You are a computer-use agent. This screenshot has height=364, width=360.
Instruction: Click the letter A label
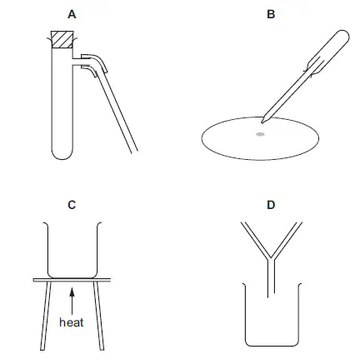(x=72, y=14)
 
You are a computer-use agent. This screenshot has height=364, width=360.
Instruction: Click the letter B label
(x=271, y=14)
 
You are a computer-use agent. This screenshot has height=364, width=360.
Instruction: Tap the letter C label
(x=72, y=205)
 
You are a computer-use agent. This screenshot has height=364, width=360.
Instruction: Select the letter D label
(x=271, y=205)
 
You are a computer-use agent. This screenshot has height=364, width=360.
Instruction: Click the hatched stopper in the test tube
(x=62, y=39)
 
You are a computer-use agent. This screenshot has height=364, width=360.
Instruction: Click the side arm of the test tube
(x=77, y=62)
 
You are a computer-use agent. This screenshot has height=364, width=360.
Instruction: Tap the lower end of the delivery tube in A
(x=134, y=152)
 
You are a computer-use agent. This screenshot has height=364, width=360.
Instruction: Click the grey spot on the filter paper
(x=260, y=134)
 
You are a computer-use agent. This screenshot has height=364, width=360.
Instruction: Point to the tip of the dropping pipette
(x=262, y=122)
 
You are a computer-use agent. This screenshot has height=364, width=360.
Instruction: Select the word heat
(x=72, y=322)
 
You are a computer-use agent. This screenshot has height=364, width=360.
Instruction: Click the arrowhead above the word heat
(x=72, y=292)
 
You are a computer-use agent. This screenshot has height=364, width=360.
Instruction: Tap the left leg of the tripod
(x=46, y=316)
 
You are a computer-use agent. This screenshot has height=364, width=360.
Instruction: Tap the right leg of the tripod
(x=98, y=316)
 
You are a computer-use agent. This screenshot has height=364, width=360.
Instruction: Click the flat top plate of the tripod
(x=72, y=280)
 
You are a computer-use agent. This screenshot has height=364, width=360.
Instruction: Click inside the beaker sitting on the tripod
(x=72, y=250)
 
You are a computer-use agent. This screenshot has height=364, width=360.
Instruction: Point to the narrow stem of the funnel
(x=271, y=277)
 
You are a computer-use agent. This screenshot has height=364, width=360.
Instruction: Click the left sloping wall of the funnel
(x=255, y=241)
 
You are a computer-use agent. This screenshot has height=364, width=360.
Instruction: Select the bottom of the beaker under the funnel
(x=272, y=346)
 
